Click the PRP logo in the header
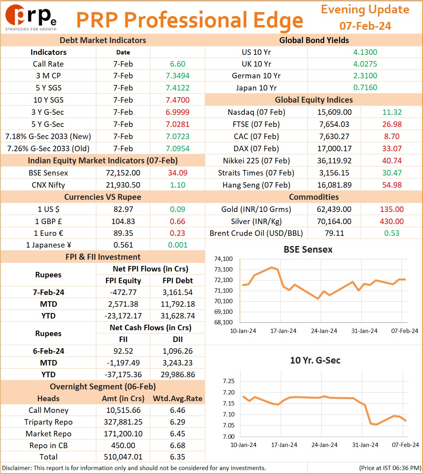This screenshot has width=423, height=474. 31,18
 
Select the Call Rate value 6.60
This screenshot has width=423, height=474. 177,64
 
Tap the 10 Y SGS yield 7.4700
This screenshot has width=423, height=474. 177,100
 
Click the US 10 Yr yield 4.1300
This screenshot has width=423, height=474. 365,52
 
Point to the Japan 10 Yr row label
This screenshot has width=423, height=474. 256,88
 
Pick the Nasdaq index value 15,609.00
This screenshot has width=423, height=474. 334,112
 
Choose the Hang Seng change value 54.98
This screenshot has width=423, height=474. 392,185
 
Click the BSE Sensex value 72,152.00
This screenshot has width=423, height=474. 123,173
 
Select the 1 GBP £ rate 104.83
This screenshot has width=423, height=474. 123,221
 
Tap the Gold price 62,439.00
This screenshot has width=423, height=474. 334,209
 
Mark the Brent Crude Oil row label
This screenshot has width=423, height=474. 256,233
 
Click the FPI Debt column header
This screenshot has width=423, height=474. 177,280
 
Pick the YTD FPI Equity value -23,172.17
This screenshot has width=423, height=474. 123,316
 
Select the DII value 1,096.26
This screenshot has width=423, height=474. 177,351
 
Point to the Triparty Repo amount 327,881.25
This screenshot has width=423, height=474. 123,422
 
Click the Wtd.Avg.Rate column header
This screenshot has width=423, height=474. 177,398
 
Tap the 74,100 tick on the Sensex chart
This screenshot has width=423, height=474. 223,259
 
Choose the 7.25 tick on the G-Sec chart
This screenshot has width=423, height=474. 229,381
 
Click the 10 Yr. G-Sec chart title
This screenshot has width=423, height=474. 315,360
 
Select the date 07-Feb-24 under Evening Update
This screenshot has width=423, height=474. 365,26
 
